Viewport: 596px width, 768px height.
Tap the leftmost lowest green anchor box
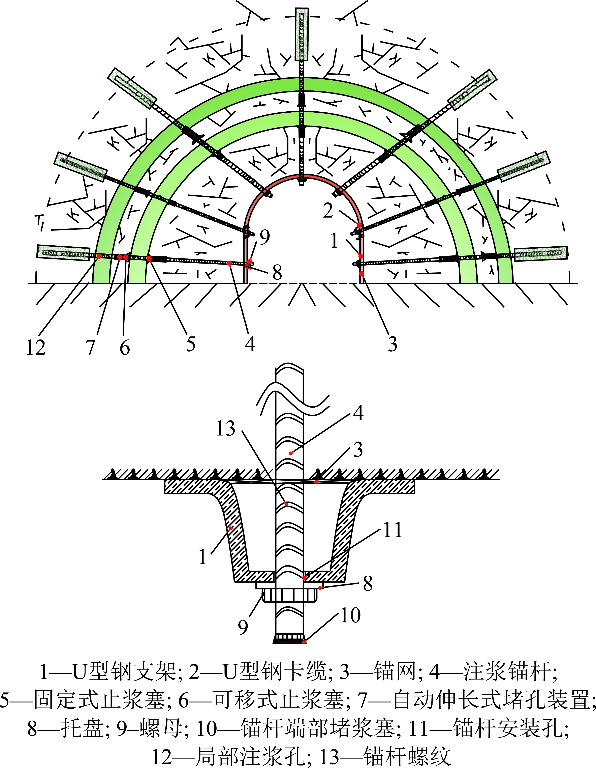point(63,253)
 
